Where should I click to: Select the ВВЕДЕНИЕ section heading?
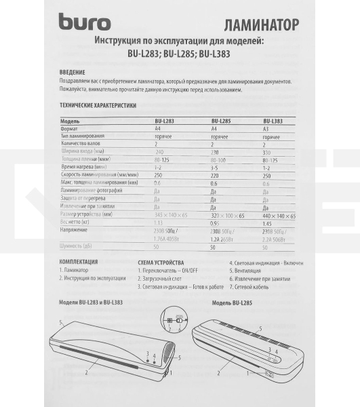coord(73,72)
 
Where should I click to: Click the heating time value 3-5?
coord(215,166)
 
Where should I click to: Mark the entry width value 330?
coord(267,151)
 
